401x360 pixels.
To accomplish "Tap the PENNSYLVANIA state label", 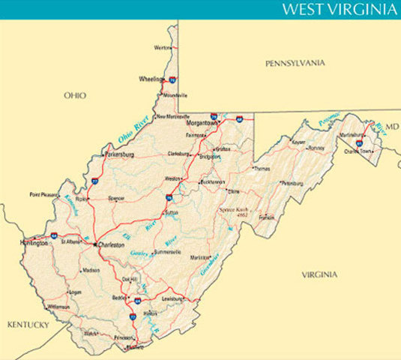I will tap(295, 64).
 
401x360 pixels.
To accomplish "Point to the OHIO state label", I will tap(75, 95).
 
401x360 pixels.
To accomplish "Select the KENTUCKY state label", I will tap(28, 325).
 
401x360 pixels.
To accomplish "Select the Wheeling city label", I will tap(151, 79).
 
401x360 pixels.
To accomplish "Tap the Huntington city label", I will tap(34, 243).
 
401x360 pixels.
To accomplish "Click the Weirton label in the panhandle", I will tap(162, 47).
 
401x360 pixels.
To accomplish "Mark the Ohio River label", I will tap(134, 130).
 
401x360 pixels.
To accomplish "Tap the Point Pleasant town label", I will tap(44, 195).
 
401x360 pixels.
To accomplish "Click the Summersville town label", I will tap(167, 252).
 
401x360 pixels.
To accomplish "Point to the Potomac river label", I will tap(328, 118).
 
